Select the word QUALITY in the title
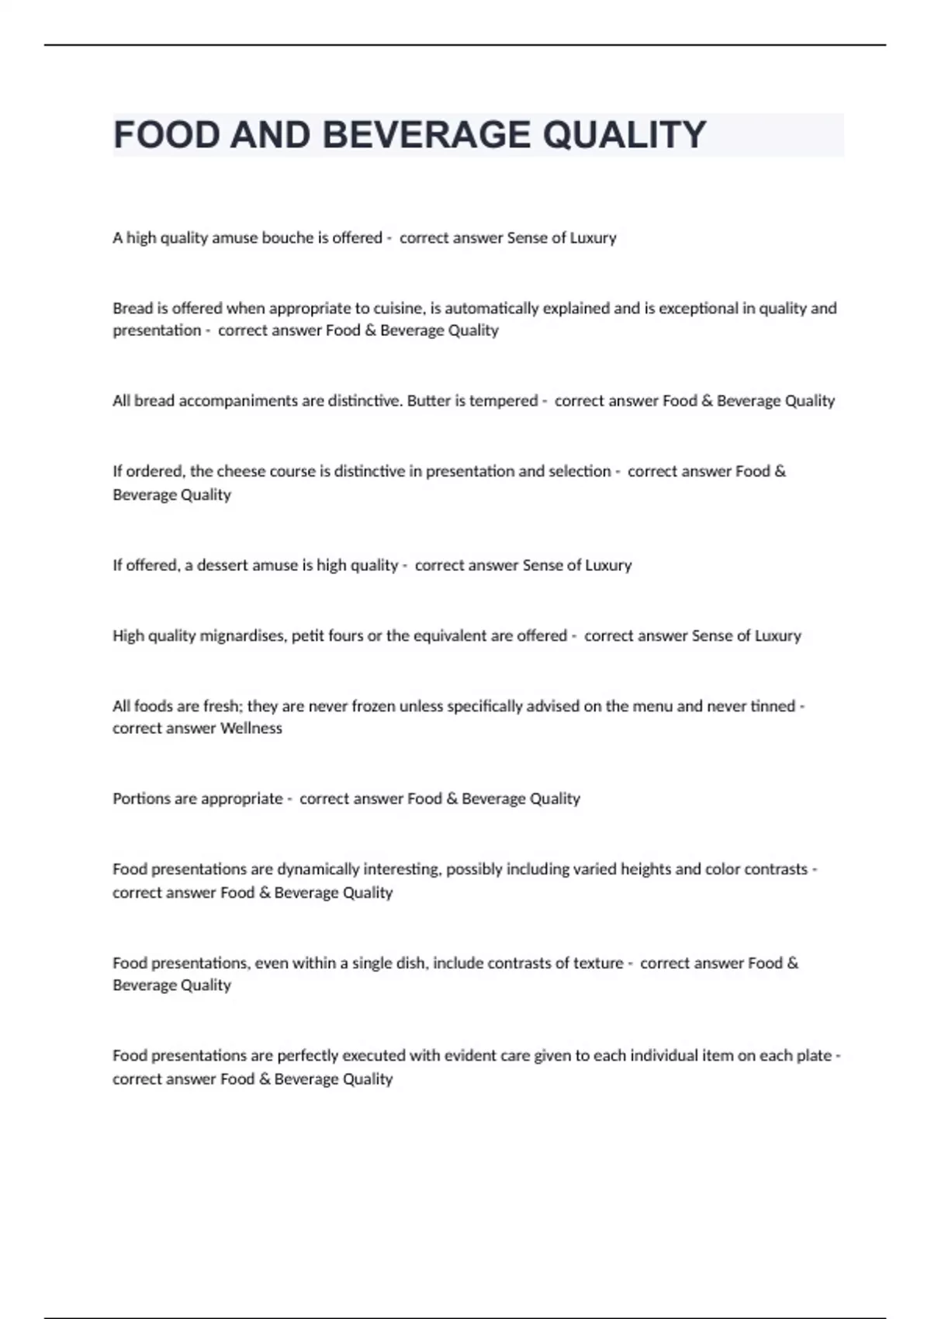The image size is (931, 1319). (x=625, y=135)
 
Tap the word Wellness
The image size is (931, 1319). (x=251, y=729)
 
